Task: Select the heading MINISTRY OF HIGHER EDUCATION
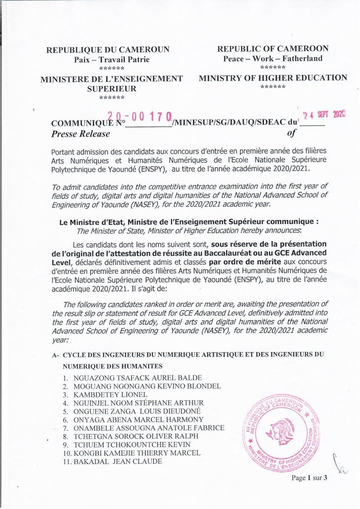point(273,78)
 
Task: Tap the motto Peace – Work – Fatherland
point(273,59)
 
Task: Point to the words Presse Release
point(80,134)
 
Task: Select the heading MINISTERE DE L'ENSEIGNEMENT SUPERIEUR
point(112,83)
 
